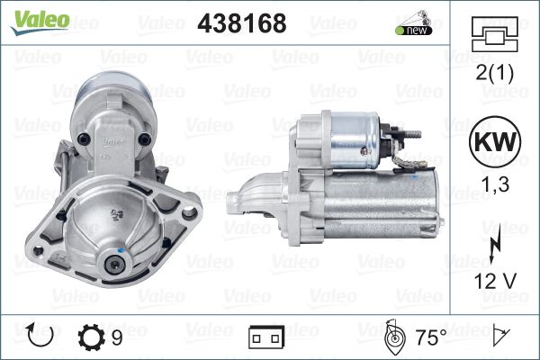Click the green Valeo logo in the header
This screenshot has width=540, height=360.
pyautogui.click(x=40, y=22)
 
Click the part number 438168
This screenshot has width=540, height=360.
pyautogui.click(x=242, y=23)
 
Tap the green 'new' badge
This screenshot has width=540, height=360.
pyautogui.click(x=413, y=31)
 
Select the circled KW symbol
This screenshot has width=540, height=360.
pyautogui.click(x=495, y=141)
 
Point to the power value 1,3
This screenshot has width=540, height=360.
pyautogui.click(x=495, y=184)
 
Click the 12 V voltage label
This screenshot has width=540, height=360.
pyautogui.click(x=495, y=281)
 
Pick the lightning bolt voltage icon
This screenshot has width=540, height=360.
pyautogui.click(x=495, y=246)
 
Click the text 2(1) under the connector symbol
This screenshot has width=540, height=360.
pyautogui.click(x=494, y=73)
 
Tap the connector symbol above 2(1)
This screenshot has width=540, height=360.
pyautogui.click(x=494, y=34)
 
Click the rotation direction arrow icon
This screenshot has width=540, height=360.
pyautogui.click(x=40, y=335)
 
